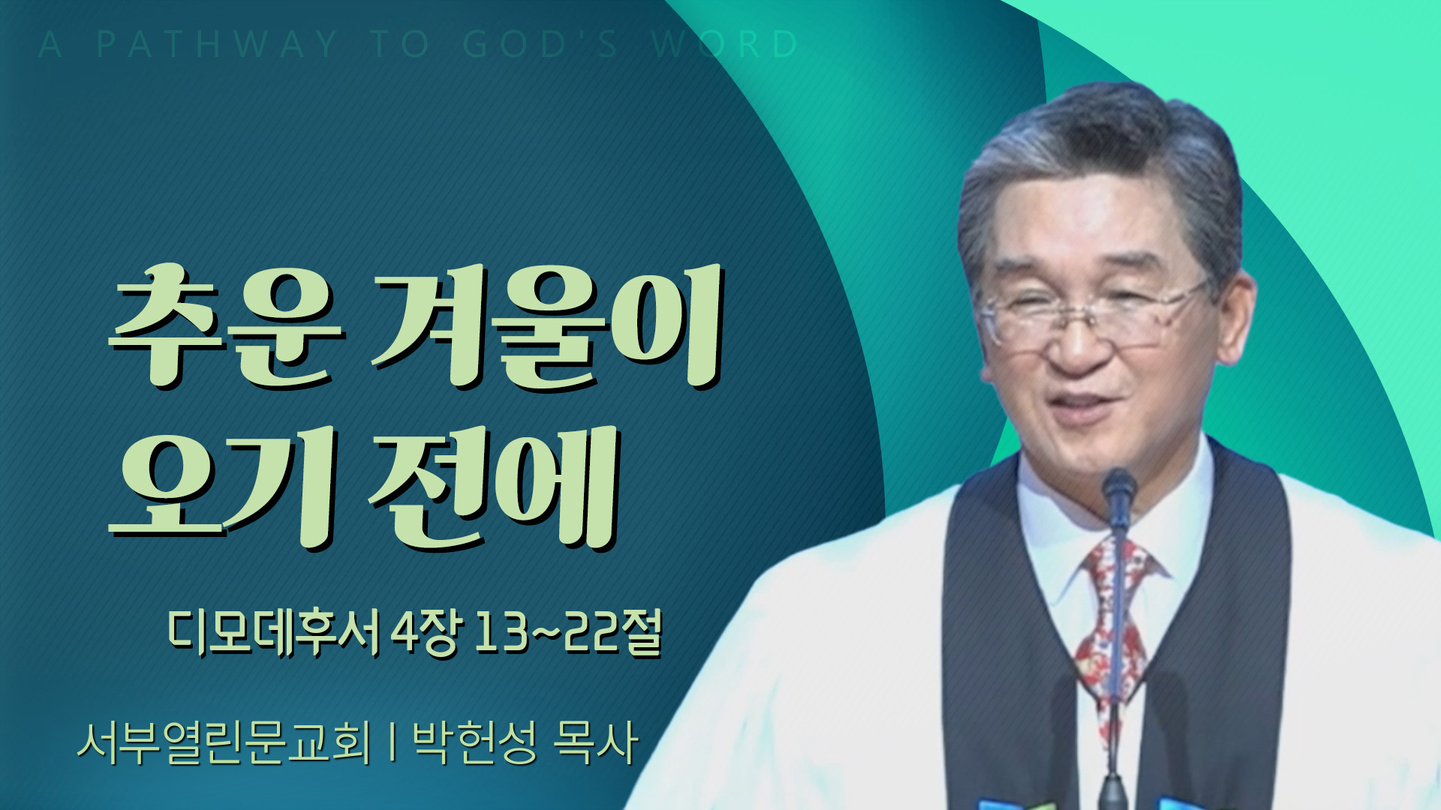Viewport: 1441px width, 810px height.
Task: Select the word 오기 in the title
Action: [222, 487]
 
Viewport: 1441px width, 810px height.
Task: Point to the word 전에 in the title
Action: [492, 487]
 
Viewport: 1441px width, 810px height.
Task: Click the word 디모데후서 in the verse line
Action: [274, 634]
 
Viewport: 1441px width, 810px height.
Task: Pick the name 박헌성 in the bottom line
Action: [475, 742]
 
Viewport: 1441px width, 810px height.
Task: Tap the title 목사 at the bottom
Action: [595, 742]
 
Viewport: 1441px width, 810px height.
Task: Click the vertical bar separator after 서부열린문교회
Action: [393, 742]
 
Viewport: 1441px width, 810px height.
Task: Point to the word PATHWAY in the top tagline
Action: [218, 44]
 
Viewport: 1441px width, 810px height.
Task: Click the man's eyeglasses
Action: [1092, 315]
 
